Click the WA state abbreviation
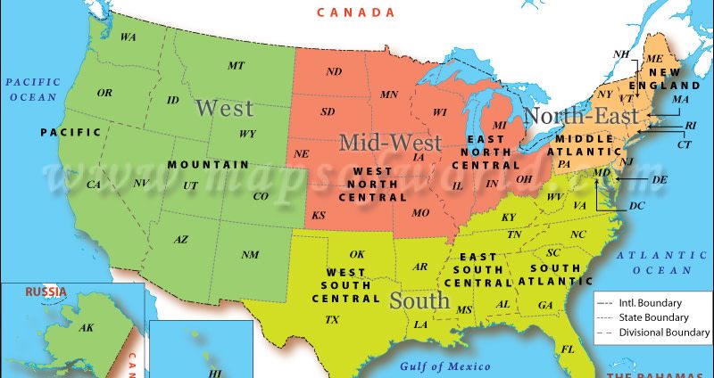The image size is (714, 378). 129,37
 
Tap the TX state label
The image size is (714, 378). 332,319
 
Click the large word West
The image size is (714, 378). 224,109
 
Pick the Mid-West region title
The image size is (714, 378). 390,143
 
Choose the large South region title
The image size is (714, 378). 419,301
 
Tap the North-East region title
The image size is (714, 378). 581,116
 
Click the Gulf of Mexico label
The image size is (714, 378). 445,366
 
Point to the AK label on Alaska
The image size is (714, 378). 87,328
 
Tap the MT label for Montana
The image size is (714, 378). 236,66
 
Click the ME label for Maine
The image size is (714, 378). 655,58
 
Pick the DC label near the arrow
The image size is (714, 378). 636,205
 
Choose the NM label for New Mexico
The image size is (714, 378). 250,255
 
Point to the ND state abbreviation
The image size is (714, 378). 334,71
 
